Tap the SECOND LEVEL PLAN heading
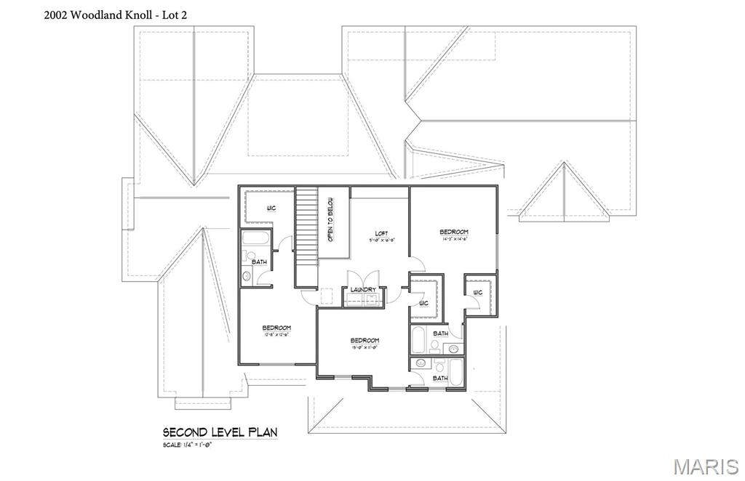pos(220,432)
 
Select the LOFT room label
pos(381,234)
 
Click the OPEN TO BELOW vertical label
pos(330,219)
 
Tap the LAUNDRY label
pos(363,290)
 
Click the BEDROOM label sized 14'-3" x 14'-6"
pos(453,233)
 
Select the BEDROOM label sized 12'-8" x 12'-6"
pos(276,329)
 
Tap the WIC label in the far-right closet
pos(477,293)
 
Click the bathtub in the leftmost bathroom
pos(255,240)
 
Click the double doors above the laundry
pos(363,278)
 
